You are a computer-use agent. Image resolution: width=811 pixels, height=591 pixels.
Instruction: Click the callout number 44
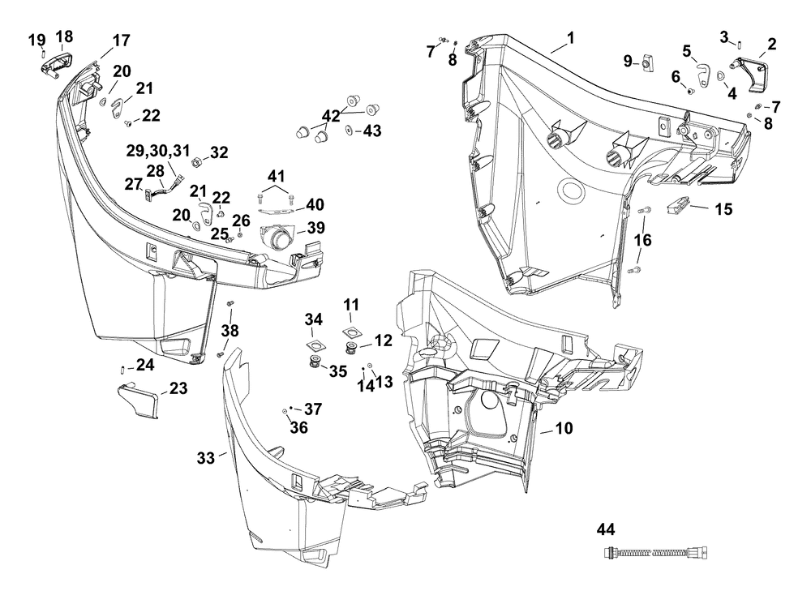tap(605, 530)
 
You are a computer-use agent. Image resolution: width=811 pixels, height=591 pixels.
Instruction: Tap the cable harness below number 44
tap(657, 554)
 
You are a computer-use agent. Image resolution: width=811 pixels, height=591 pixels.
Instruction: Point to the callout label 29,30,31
tap(157, 152)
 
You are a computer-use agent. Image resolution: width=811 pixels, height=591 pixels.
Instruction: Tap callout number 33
tap(206, 458)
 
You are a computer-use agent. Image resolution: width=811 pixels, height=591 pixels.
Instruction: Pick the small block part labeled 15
tap(678, 208)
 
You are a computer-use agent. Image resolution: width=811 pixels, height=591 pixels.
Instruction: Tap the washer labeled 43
tap(348, 131)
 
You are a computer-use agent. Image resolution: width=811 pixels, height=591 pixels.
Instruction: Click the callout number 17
tap(121, 40)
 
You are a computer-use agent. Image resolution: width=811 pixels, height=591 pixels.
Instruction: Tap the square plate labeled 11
tap(351, 330)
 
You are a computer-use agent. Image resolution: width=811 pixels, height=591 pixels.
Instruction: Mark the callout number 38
tap(231, 330)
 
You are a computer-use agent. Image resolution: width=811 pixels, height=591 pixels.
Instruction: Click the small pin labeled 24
tap(122, 370)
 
